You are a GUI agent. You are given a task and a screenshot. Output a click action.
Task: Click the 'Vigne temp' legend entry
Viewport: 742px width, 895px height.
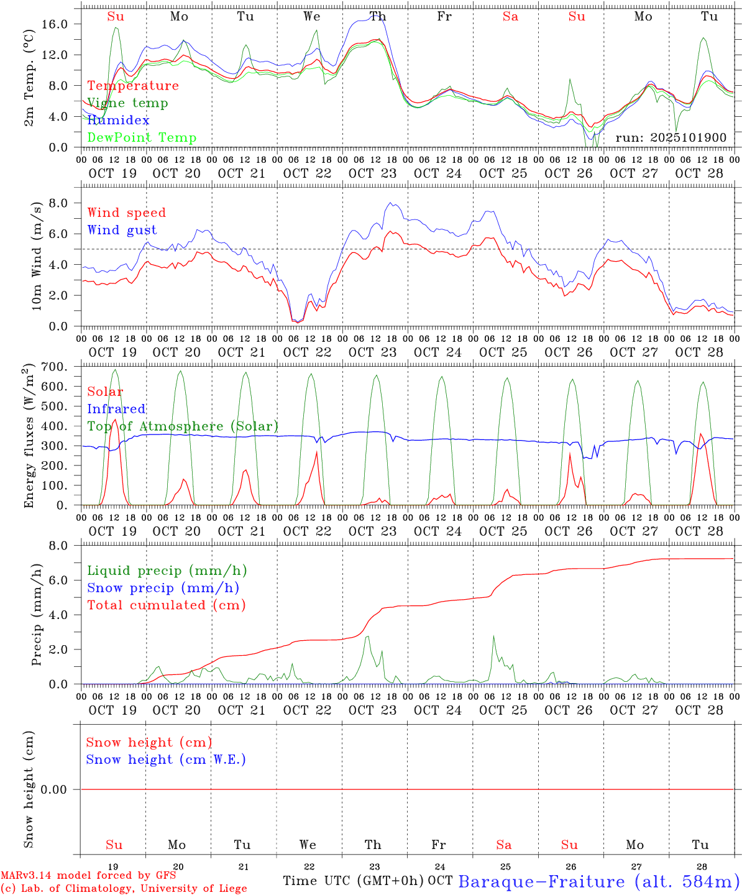point(127,103)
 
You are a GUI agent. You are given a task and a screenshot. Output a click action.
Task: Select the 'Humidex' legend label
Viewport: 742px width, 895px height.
point(118,121)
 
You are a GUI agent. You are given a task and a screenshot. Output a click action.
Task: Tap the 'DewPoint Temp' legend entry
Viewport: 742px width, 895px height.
point(142,138)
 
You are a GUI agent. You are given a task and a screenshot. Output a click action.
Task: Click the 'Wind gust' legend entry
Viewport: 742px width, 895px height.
point(122,230)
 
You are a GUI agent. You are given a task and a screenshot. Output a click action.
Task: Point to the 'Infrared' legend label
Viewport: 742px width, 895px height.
point(116,409)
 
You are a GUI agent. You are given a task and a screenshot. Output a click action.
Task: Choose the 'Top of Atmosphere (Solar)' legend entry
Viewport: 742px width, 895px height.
point(183,426)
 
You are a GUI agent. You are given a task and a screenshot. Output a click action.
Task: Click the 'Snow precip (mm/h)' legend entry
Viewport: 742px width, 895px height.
point(163,588)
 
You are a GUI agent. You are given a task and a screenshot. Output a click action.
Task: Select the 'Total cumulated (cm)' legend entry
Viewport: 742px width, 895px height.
point(167,605)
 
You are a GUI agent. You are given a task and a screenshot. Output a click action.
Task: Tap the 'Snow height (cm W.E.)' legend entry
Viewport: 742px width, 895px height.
point(166,760)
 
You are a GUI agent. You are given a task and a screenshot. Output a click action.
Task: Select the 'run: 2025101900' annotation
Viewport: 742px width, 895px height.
point(671,138)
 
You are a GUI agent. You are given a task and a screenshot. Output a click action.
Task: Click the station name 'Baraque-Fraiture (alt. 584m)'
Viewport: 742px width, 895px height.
point(598,881)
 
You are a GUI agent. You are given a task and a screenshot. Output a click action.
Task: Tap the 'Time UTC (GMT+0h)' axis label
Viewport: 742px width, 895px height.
point(354,881)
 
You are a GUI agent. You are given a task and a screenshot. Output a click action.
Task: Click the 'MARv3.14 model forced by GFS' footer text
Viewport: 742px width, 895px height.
point(88,876)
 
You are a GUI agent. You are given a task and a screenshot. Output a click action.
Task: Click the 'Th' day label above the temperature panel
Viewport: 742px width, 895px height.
point(377,17)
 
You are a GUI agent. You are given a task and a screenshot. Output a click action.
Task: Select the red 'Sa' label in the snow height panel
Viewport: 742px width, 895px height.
point(504,845)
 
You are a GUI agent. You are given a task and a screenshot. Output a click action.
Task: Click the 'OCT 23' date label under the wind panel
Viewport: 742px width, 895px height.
point(372,352)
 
